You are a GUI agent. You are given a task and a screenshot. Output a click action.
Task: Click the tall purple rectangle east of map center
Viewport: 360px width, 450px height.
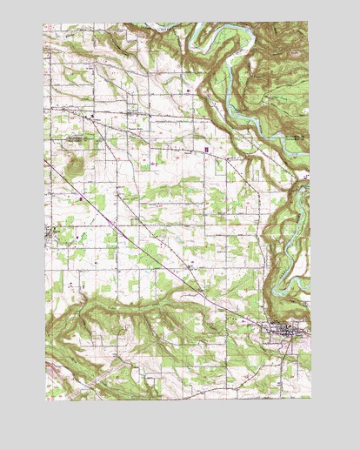coord(206,149)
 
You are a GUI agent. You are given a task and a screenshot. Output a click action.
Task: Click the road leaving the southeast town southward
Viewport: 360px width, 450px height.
coord(287,366)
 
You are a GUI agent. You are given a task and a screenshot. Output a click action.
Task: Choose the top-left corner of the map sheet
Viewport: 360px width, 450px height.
coord(46,24)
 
